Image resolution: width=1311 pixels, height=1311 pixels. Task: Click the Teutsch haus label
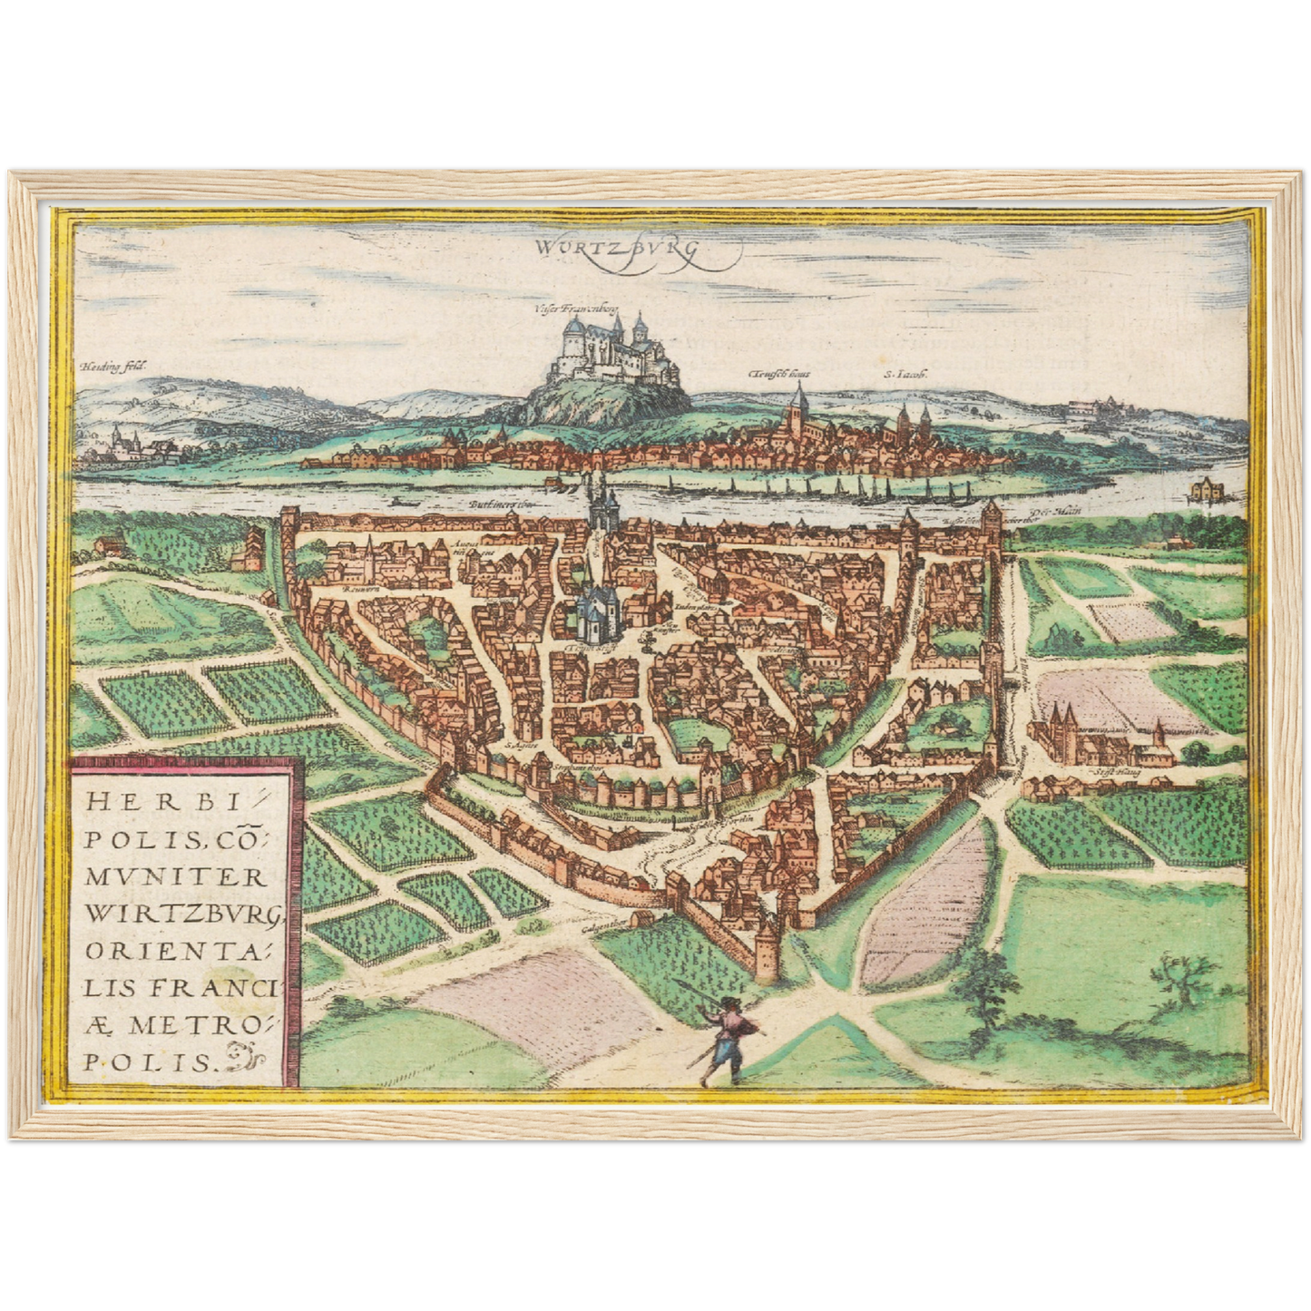click(781, 373)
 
